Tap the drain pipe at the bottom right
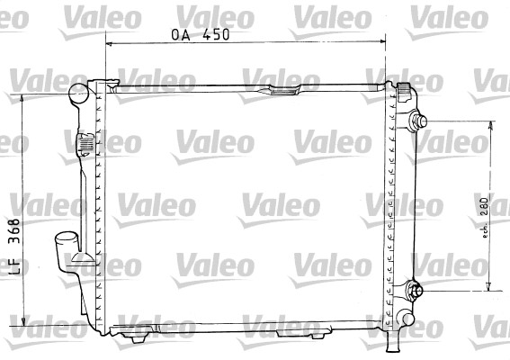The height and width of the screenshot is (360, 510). [393, 339]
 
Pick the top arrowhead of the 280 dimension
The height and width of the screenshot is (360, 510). [489, 126]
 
